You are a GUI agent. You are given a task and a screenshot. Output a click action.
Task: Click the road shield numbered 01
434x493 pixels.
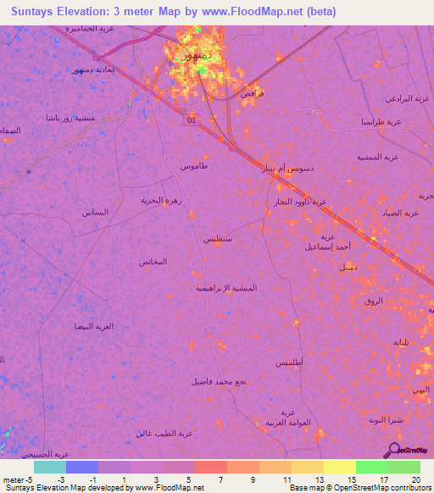191,120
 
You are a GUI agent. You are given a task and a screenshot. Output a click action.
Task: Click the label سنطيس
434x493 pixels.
218,240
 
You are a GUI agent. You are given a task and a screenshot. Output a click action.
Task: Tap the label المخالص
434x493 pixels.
152,262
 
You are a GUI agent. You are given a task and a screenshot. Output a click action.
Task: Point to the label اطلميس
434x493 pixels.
289,362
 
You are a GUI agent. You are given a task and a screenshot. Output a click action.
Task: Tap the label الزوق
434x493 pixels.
373,301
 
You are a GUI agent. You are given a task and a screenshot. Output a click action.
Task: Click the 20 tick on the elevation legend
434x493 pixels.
415,479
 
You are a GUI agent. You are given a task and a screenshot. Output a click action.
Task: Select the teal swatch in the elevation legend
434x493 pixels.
50,467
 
